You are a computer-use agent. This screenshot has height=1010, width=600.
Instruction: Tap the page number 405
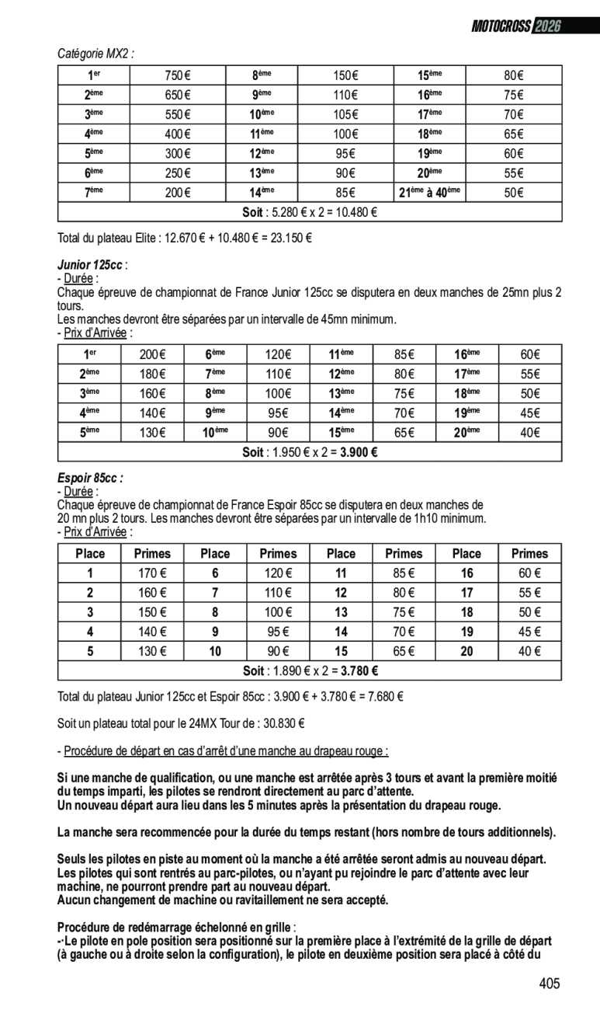(x=549, y=984)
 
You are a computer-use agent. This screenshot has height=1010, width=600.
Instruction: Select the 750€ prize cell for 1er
(x=177, y=76)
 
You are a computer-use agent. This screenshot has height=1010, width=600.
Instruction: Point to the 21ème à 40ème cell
(x=429, y=193)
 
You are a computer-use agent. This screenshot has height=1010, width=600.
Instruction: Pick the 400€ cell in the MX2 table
(x=177, y=134)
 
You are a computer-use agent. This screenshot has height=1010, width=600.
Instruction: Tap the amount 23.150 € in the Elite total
(x=290, y=237)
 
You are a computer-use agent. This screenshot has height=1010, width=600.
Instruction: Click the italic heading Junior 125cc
(x=90, y=265)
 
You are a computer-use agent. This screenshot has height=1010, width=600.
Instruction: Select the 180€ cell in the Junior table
(x=152, y=374)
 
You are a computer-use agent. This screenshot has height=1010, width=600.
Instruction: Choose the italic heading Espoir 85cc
(x=89, y=479)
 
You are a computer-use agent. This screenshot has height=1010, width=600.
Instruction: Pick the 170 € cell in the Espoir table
(x=152, y=574)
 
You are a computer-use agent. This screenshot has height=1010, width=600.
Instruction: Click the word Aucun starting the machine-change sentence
(x=74, y=900)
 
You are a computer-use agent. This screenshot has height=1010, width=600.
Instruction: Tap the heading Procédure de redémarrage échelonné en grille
(x=175, y=928)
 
